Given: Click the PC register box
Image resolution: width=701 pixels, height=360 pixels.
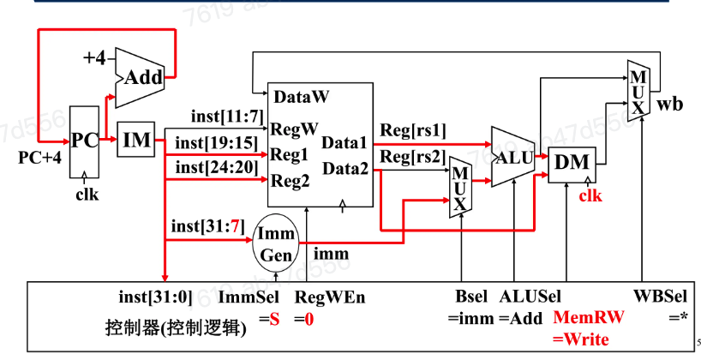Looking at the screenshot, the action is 84,141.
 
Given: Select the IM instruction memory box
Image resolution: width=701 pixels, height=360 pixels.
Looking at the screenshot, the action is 136,140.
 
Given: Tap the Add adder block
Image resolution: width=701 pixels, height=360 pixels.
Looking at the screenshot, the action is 140,78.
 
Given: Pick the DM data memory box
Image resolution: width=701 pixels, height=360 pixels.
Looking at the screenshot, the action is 572,164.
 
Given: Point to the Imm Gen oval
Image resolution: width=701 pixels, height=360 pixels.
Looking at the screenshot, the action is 276,243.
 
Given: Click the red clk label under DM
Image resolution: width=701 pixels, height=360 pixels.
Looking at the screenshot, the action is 590,195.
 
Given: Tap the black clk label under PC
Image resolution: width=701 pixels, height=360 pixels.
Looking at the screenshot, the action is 87,195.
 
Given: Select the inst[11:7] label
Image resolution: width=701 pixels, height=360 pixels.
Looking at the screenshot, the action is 227,117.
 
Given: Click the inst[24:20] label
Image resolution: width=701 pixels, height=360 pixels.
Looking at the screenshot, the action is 217,167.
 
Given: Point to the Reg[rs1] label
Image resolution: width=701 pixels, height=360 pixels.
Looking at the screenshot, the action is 413,130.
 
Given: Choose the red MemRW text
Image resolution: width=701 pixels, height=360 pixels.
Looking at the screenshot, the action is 589,317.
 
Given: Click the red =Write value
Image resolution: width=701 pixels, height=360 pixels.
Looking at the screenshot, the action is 581,339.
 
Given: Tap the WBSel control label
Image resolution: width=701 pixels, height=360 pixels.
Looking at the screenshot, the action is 660,296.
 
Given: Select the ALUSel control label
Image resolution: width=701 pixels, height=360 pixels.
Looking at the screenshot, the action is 530,296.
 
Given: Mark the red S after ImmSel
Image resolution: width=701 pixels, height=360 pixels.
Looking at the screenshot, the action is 274,320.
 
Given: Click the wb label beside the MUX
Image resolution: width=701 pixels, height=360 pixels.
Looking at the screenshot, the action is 669,105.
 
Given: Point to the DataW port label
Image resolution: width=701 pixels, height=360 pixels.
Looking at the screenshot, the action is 302,97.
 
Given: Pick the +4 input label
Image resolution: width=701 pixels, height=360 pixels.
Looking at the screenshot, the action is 95,57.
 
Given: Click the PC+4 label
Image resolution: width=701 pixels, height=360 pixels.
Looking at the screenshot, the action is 39,158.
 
